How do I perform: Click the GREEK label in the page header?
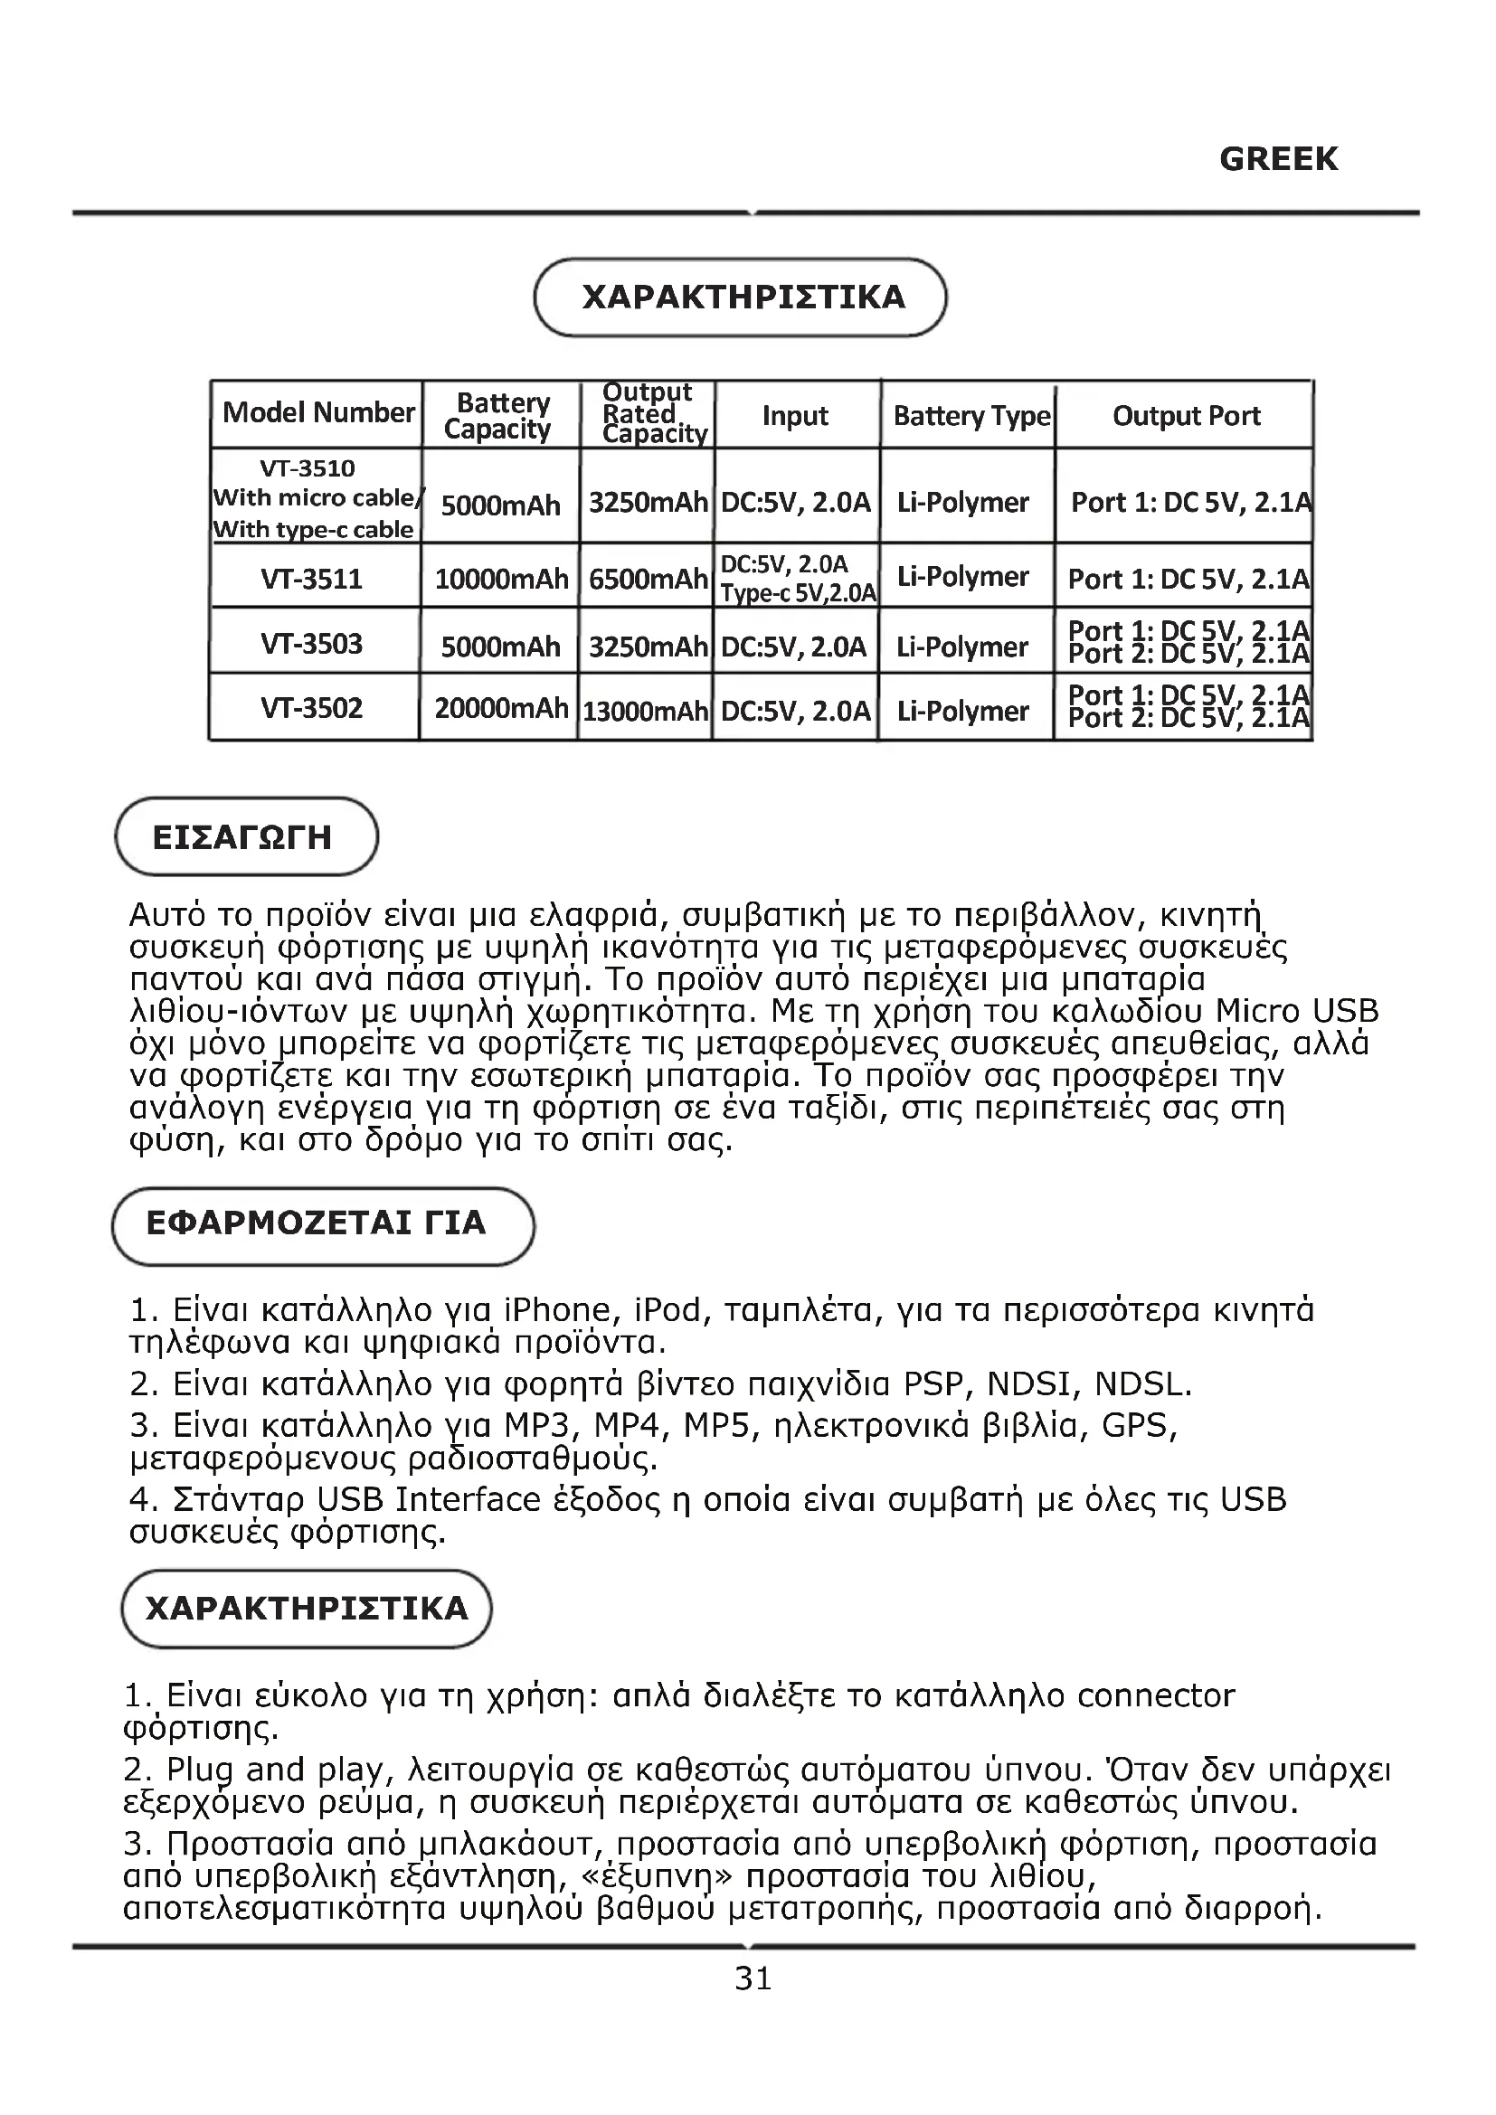1278,159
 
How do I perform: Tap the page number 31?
753,1978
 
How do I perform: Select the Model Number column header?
317,412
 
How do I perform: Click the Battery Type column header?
971,416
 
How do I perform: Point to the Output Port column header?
1186,416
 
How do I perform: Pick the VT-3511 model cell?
311,579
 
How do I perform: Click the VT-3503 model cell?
311,643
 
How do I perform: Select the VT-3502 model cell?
311,708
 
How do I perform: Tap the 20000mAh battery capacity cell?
500,708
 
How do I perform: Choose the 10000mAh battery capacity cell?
500,579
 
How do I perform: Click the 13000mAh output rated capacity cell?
645,710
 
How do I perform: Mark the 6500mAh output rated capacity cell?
648,579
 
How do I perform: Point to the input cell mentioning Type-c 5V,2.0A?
797,579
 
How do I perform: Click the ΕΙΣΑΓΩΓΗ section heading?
242,837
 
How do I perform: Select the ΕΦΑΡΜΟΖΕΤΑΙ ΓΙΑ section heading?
316,1223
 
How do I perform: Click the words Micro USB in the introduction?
1296,1011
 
